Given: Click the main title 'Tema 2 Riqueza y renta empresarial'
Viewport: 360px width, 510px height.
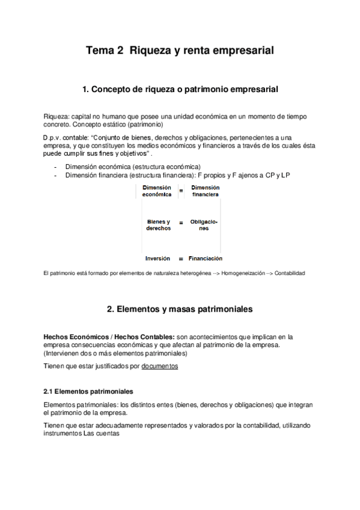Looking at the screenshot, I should (x=180, y=51).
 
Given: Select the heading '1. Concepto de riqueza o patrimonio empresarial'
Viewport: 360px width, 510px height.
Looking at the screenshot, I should (x=180, y=90).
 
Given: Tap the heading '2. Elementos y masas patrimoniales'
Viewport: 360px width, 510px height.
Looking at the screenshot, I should (x=180, y=309).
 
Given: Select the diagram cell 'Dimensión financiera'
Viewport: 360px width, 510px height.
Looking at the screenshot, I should (x=205, y=191).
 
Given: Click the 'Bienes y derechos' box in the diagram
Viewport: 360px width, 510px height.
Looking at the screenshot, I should (x=159, y=225).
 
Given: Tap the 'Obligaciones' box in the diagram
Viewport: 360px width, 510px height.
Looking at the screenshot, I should (x=204, y=225).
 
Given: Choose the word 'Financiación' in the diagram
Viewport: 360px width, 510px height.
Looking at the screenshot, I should (x=205, y=259).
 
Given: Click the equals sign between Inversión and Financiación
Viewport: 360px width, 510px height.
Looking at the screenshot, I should (x=180, y=259).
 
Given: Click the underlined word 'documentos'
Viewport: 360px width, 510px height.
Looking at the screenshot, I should (x=160, y=366).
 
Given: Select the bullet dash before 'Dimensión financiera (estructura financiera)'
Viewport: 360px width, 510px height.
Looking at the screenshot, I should (x=55, y=175).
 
